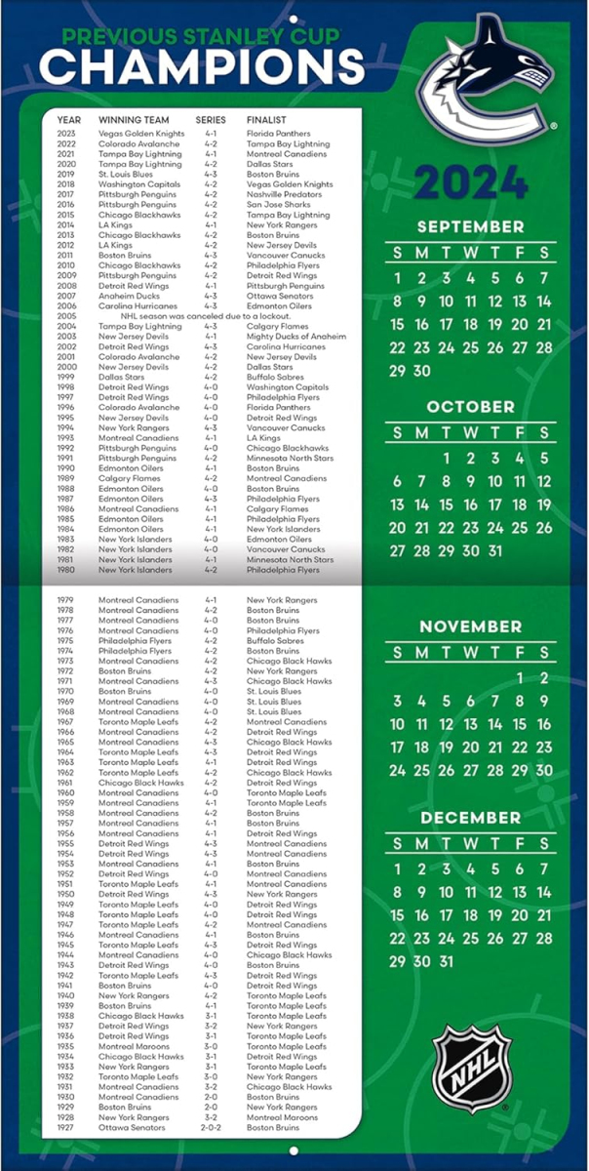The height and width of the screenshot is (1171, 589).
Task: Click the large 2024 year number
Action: (470, 182)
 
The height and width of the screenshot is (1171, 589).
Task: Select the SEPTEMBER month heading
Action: (470, 226)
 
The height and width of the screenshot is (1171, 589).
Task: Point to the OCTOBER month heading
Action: (470, 406)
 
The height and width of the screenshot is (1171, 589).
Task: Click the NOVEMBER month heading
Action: (470, 626)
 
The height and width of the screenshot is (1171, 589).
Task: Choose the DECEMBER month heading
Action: (470, 817)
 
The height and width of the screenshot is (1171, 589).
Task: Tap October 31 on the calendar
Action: (494, 550)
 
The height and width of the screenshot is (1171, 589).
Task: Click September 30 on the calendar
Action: (421, 371)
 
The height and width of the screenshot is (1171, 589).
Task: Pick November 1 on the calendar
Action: (520, 677)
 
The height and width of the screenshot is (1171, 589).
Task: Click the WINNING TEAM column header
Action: (134, 120)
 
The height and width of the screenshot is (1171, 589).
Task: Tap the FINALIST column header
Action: (266, 120)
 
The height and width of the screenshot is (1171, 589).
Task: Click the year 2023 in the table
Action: (66, 134)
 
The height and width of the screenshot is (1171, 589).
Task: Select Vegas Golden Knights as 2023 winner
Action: (141, 134)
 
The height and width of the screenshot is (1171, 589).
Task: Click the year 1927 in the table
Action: (66, 1127)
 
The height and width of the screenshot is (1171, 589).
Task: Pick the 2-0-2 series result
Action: (211, 1127)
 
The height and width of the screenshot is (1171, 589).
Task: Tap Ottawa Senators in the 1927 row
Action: (132, 1127)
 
